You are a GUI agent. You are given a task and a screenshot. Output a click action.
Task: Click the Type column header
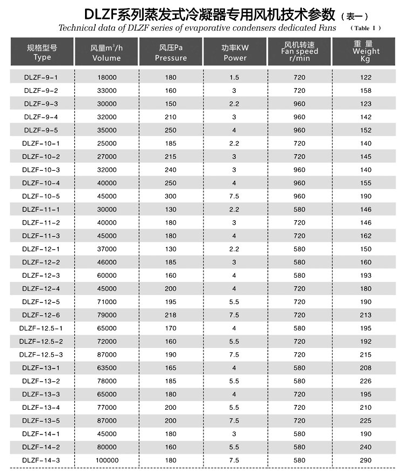point(42,52)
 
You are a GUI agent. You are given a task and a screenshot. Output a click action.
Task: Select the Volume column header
point(107,52)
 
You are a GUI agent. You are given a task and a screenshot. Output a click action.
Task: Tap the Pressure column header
point(171,52)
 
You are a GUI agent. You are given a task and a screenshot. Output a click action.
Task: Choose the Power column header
point(235,52)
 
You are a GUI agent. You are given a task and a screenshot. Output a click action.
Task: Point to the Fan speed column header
point(299,52)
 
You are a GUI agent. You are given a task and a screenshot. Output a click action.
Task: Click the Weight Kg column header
point(366,52)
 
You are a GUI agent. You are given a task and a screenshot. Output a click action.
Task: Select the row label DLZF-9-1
point(41,77)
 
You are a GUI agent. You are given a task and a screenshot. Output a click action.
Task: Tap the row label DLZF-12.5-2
point(41,342)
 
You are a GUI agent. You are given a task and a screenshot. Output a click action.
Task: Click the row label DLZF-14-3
point(41,460)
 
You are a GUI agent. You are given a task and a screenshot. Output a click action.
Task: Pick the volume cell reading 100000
point(107,460)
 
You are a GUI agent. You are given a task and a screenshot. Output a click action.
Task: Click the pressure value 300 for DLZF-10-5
point(171,196)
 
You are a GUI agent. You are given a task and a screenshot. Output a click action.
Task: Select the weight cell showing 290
point(366,460)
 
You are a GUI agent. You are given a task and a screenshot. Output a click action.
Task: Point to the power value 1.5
point(235,77)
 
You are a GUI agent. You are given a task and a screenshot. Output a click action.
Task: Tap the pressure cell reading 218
point(171,315)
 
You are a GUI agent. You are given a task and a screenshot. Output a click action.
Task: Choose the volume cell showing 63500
point(107,368)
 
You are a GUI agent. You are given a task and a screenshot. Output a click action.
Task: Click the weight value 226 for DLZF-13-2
point(366,381)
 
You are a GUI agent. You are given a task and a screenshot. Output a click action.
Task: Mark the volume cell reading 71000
point(107,302)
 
